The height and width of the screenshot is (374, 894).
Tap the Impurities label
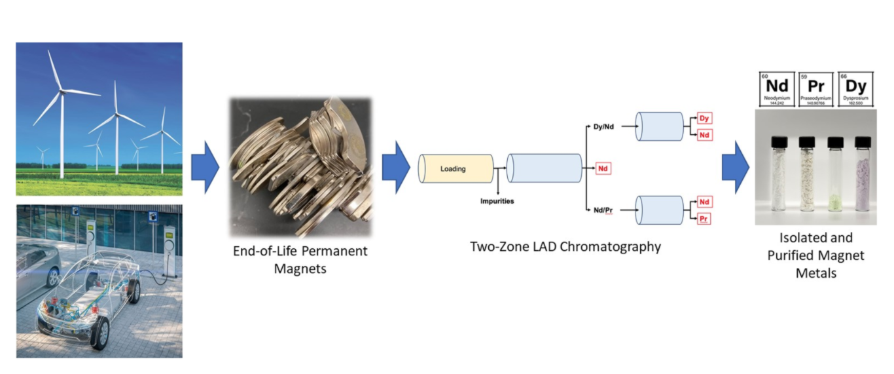(x=497, y=201)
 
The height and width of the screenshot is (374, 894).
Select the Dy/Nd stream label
(x=603, y=126)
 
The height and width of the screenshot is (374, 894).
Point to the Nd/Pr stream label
(x=603, y=210)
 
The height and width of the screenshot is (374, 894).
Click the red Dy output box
(x=704, y=119)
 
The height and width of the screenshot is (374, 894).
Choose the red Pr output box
(x=704, y=219)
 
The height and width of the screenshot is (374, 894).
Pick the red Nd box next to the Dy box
(x=704, y=134)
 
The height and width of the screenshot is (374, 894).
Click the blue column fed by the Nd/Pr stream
(x=660, y=210)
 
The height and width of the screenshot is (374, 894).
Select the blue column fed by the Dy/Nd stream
(x=660, y=126)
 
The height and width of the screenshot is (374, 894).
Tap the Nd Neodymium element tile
(x=777, y=89)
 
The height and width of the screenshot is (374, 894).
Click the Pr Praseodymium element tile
(x=815, y=89)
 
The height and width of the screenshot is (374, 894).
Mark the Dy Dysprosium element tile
(x=855, y=89)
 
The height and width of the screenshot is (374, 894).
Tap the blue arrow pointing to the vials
(x=736, y=168)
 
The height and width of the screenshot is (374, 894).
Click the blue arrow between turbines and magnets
(x=205, y=168)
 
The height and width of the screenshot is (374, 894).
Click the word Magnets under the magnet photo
(x=300, y=269)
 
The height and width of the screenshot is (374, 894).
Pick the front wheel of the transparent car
(x=101, y=333)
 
